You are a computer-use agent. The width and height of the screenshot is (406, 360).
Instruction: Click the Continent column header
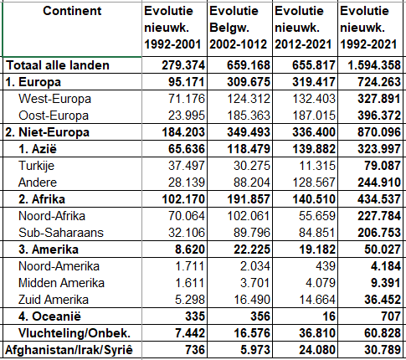point(72,11)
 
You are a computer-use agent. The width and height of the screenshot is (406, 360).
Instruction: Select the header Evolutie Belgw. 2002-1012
point(238,28)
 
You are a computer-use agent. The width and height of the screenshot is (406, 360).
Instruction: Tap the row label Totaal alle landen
point(58,65)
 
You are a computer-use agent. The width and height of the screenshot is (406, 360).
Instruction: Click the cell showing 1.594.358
point(374,65)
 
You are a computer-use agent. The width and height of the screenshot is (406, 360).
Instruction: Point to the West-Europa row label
point(54,99)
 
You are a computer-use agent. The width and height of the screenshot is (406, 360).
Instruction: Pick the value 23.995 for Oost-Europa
point(186,116)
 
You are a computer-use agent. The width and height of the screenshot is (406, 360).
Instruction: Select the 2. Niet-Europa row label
point(48,132)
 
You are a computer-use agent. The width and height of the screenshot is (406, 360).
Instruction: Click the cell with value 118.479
point(249,149)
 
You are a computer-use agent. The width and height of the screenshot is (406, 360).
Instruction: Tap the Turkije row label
point(36,166)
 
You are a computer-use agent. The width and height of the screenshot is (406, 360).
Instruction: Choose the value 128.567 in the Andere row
point(314,183)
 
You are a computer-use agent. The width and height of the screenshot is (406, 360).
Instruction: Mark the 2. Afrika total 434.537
point(379,199)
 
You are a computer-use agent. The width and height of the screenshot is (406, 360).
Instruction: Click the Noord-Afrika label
point(52,216)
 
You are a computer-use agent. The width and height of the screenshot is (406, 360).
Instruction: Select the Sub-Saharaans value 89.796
point(252,233)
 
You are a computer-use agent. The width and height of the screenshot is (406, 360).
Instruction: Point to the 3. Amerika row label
point(49,249)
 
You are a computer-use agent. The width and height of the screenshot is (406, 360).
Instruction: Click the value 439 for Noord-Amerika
point(326,266)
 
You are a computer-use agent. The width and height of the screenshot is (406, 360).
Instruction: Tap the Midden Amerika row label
point(61,283)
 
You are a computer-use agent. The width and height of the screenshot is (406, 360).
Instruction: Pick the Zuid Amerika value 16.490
point(252,300)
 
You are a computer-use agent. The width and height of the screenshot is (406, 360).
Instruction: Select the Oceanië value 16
point(329,316)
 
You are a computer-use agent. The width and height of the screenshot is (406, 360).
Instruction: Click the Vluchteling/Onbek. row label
point(75,333)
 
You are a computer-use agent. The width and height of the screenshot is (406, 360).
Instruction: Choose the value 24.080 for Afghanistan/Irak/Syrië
point(317,350)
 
